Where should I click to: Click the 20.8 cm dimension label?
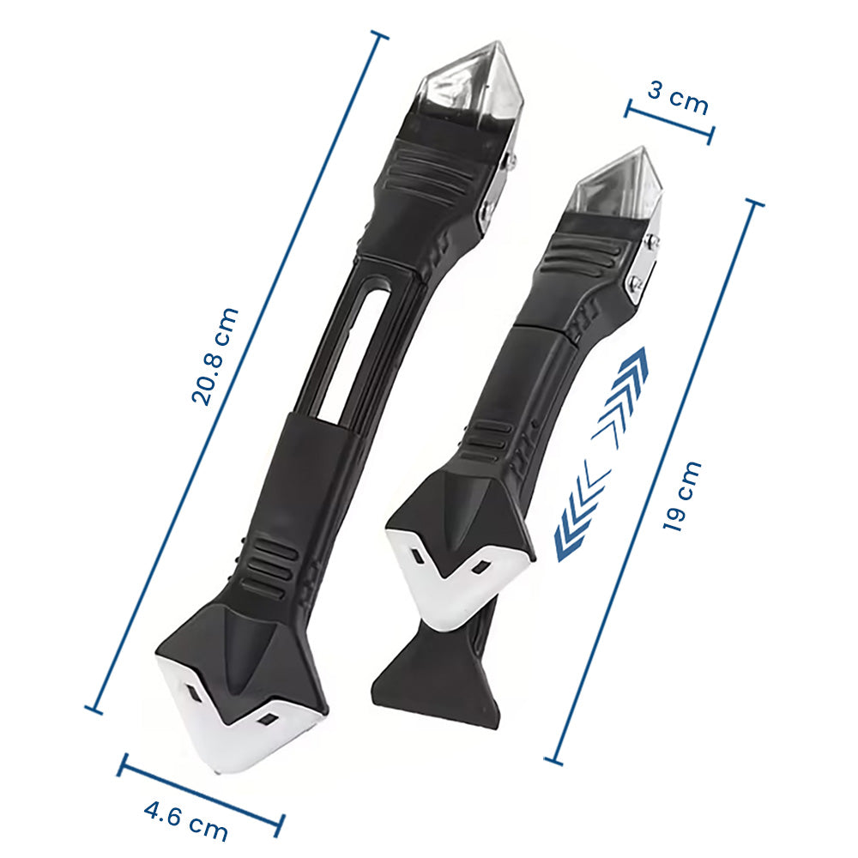click(x=215, y=356)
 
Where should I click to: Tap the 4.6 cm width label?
click(x=185, y=821)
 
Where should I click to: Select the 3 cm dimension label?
click(x=678, y=97)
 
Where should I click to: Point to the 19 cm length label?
click(x=682, y=496)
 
